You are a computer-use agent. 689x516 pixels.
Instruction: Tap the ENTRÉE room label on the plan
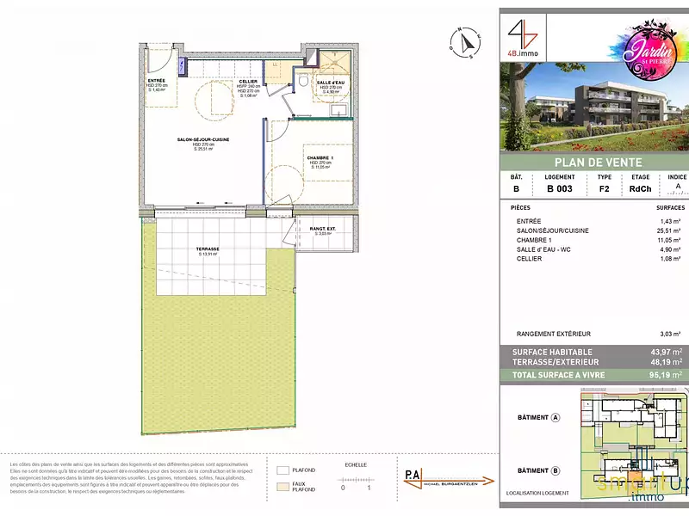point(156,80)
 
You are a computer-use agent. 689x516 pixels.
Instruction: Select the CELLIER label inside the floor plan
point(223,82)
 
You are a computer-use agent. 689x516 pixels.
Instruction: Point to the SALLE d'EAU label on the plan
point(332,83)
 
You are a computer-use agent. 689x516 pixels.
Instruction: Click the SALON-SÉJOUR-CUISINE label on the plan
point(203,139)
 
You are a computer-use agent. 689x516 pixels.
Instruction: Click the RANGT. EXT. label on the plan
point(323,229)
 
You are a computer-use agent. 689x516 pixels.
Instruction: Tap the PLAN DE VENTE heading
point(593,164)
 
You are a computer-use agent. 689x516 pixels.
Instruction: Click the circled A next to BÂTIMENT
point(556,418)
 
